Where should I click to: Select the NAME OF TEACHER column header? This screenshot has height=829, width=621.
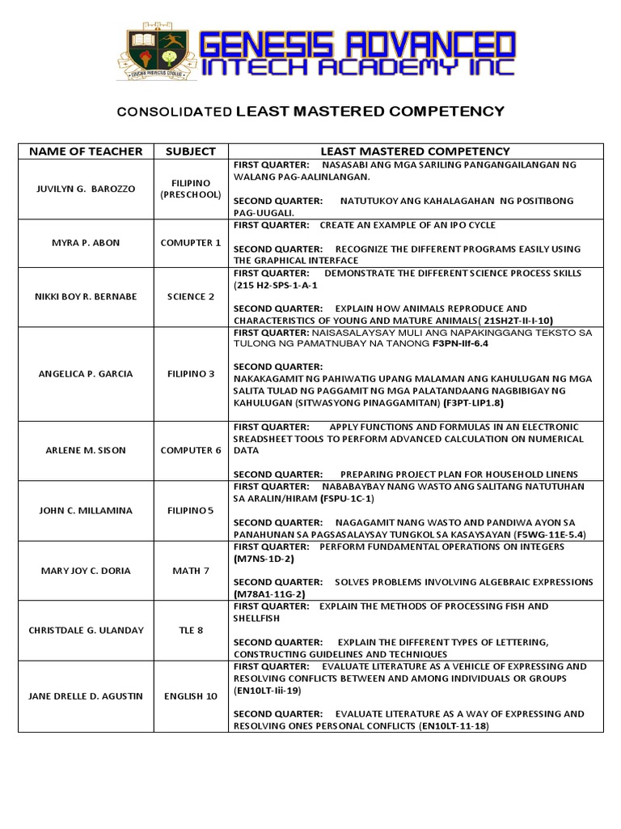click(x=85, y=151)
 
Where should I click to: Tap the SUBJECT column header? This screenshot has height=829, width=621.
click(x=190, y=151)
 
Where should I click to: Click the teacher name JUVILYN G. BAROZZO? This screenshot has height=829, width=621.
click(x=85, y=189)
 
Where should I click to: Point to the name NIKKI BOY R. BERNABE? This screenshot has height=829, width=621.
click(x=85, y=296)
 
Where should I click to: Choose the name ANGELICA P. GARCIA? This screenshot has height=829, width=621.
click(x=85, y=374)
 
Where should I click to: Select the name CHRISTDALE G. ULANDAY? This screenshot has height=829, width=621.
click(x=85, y=630)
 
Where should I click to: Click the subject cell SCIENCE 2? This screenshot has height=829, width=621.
click(x=190, y=296)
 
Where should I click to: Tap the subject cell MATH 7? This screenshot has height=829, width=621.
click(x=190, y=571)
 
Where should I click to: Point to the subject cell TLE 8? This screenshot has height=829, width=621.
click(x=190, y=630)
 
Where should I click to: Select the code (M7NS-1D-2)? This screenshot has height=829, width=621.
click(x=264, y=559)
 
